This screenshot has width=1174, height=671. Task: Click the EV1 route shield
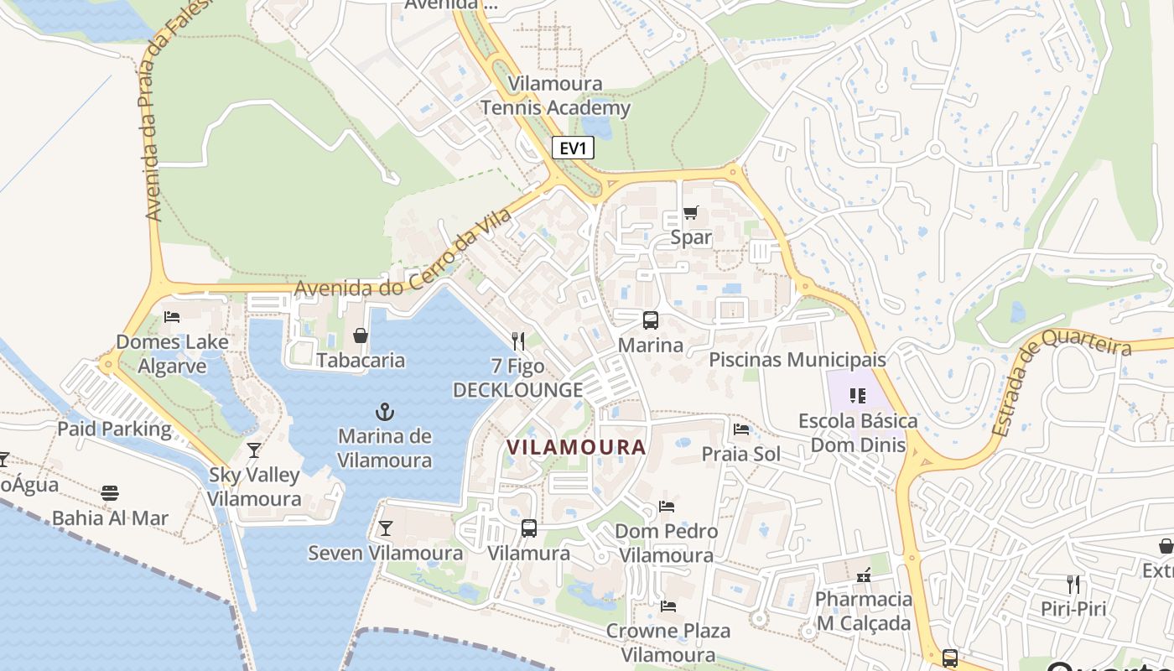tap(574, 149)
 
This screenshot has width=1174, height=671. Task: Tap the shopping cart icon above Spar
tap(690, 213)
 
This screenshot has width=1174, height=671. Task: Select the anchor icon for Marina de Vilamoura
tap(384, 412)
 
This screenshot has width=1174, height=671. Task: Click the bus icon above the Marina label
tap(651, 320)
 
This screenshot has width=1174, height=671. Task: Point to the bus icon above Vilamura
tap(529, 528)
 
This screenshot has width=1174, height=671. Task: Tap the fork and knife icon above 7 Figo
tap(518, 341)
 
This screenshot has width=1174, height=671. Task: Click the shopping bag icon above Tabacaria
tap(361, 335)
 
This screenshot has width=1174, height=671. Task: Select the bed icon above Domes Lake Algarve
tap(172, 317)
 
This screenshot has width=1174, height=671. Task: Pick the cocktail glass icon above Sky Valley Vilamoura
tap(254, 450)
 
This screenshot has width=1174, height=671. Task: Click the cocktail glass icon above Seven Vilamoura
tap(385, 528)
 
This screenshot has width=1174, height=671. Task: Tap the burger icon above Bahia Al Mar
tap(110, 493)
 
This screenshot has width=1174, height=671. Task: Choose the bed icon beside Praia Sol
tap(741, 429)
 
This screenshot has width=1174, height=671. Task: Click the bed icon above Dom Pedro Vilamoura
tap(667, 506)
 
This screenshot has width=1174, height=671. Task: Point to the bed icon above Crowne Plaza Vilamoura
tap(668, 606)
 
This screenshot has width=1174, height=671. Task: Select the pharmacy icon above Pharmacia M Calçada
tap(864, 575)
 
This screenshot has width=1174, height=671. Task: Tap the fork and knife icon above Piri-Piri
tap(1073, 584)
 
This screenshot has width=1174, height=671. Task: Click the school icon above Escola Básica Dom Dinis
tap(857, 395)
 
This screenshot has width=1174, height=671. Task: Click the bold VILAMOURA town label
tap(576, 447)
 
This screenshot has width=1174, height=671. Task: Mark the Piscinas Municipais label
tap(797, 360)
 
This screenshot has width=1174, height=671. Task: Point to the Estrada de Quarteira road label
tap(1062, 382)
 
